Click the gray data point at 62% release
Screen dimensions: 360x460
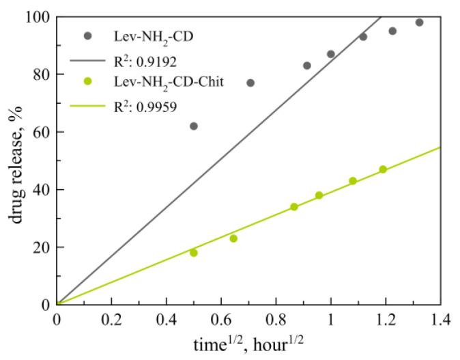pos(194,126)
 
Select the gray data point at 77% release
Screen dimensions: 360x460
pos(250,83)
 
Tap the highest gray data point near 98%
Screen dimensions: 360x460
pos(419,23)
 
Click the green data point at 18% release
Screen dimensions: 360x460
pos(194,253)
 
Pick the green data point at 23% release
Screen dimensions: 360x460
pos(233,238)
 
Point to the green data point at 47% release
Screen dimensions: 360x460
pos(383,169)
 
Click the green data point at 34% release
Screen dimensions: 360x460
pos(294,206)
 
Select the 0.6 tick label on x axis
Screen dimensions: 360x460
pos(221,319)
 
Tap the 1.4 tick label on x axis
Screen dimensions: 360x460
pos(440,319)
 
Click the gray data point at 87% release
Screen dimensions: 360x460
pos(331,54)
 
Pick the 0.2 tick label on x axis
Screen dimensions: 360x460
pos(111,319)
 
